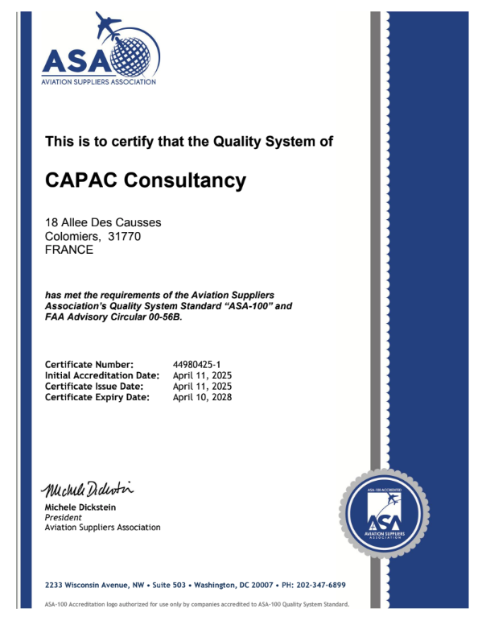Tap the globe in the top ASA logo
pyautogui.click(x=134, y=57)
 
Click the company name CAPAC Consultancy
pyautogui.click(x=145, y=180)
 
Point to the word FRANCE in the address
pyautogui.click(x=69, y=249)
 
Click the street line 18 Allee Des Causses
pyautogui.click(x=103, y=221)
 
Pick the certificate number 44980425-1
pyautogui.click(x=197, y=365)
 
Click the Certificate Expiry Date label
pyautogui.click(x=97, y=396)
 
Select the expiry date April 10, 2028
pyautogui.click(x=203, y=396)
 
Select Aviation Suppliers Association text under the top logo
pyautogui.click(x=99, y=81)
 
